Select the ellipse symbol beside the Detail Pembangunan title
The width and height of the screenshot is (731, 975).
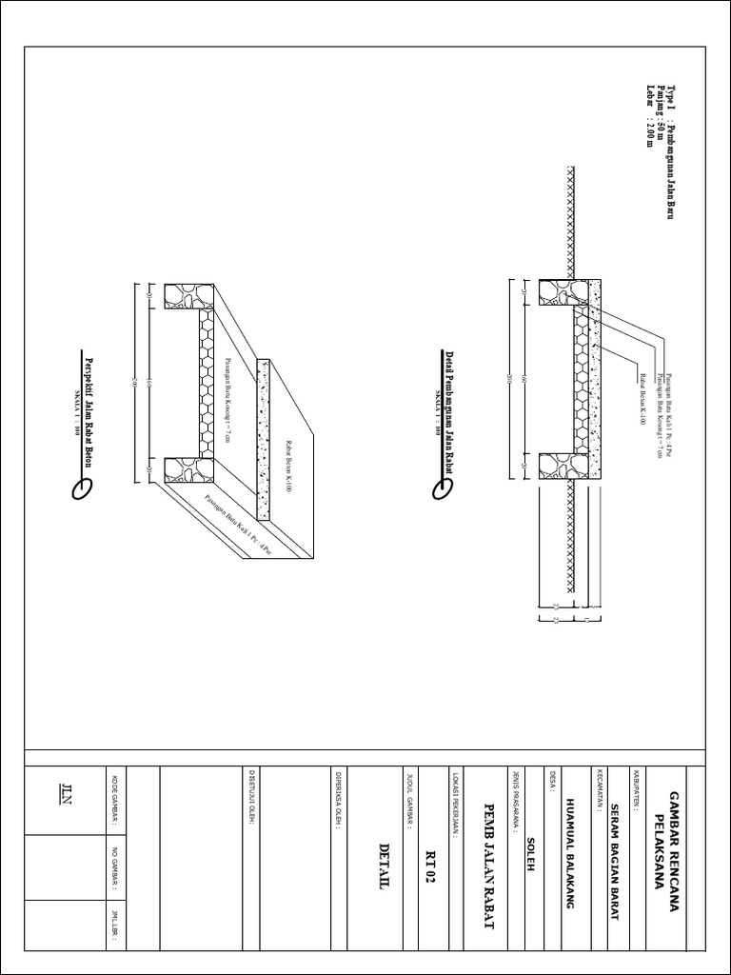442,488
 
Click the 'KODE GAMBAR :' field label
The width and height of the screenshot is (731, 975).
116,799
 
